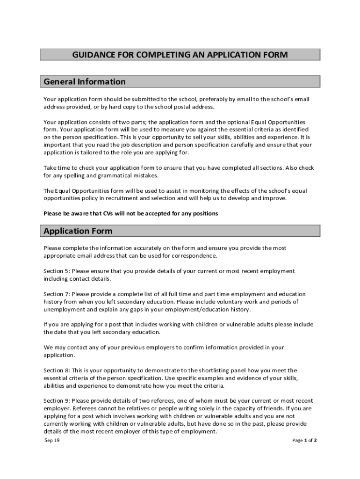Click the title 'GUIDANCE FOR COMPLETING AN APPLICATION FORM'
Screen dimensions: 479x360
(x=180, y=55)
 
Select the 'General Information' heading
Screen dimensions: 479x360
(x=85, y=82)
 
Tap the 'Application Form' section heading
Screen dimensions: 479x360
(x=78, y=231)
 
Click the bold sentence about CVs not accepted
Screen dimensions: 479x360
(x=130, y=214)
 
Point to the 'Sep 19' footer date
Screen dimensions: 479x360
(x=49, y=441)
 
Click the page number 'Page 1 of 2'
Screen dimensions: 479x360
(x=304, y=441)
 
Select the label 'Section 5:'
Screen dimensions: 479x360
(x=57, y=271)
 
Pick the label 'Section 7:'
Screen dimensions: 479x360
(x=57, y=294)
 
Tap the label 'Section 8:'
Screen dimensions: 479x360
(x=57, y=370)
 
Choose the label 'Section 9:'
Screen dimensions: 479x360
(x=57, y=401)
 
